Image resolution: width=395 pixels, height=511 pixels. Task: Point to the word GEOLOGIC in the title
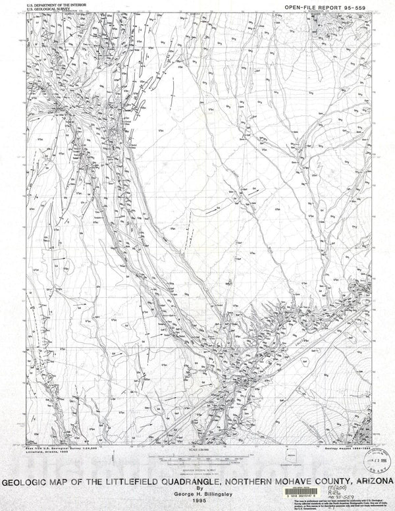(28, 482)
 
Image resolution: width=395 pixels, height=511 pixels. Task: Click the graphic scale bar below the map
(197, 456)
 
